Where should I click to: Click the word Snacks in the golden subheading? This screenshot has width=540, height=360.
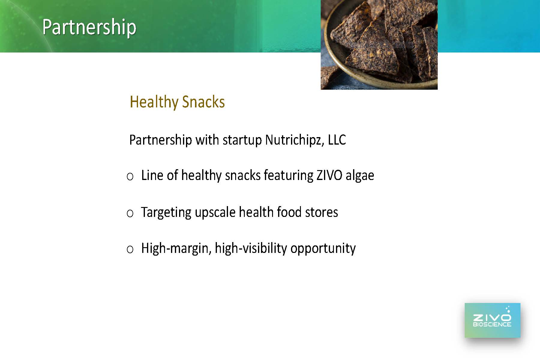click(203, 102)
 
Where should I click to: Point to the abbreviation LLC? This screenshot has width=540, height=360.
click(337, 140)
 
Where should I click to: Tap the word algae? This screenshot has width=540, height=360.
click(360, 176)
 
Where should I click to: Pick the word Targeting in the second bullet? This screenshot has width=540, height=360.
click(166, 213)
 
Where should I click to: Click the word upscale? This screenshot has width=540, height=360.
click(215, 213)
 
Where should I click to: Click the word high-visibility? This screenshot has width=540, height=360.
click(251, 249)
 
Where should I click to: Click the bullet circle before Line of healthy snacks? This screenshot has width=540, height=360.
click(130, 177)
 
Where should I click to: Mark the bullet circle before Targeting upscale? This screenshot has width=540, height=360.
click(130, 214)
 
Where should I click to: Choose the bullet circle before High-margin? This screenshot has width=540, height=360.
click(130, 250)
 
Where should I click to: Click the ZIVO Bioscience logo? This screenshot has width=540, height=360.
click(492, 320)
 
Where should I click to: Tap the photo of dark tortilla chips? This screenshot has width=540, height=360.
click(379, 45)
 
